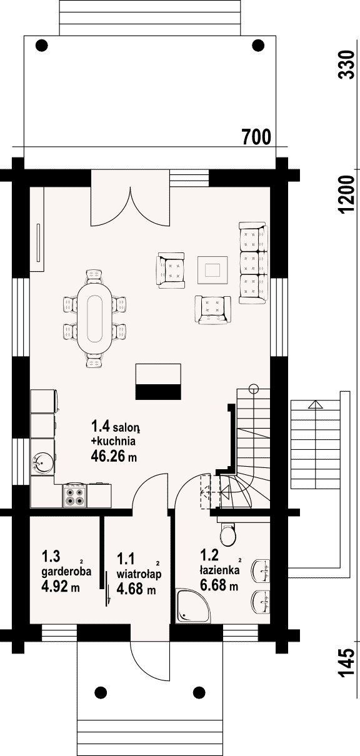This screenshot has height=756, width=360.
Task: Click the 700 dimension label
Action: click(x=257, y=137)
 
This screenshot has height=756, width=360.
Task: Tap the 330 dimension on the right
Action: click(x=346, y=65)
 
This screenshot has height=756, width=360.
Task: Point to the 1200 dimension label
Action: click(x=346, y=194)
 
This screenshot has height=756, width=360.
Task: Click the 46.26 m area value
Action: click(x=114, y=457)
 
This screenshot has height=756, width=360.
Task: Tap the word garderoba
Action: click(x=66, y=572)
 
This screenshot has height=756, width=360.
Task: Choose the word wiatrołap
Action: click(x=139, y=574)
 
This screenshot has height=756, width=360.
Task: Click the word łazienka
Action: click(x=219, y=570)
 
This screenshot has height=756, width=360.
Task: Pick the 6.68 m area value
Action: click(x=219, y=585)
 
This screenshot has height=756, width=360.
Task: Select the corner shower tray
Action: click(x=193, y=606)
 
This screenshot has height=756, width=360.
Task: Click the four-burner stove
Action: click(x=74, y=496)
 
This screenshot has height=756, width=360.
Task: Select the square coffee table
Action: click(x=212, y=270)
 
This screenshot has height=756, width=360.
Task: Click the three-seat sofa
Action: click(x=253, y=262)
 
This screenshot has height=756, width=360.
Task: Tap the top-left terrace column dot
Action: click(x=42, y=45)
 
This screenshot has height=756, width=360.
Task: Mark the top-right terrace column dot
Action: click(x=258, y=45)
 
